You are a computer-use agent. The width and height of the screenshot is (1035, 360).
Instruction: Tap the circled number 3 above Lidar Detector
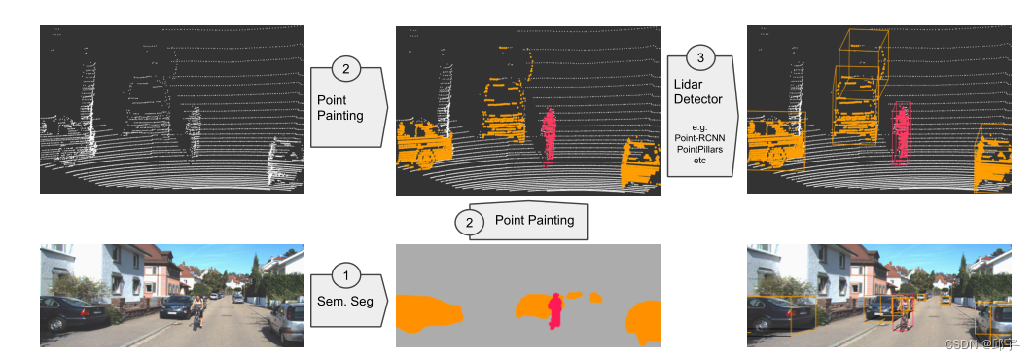tap(700, 58)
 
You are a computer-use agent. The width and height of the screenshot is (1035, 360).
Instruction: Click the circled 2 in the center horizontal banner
tap(470, 222)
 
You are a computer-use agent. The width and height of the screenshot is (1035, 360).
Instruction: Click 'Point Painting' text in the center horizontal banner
tap(534, 221)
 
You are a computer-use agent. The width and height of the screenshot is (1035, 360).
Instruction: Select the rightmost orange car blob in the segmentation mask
tap(645, 320)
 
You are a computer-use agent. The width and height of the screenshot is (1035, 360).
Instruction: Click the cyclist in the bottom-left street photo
tap(197, 312)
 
